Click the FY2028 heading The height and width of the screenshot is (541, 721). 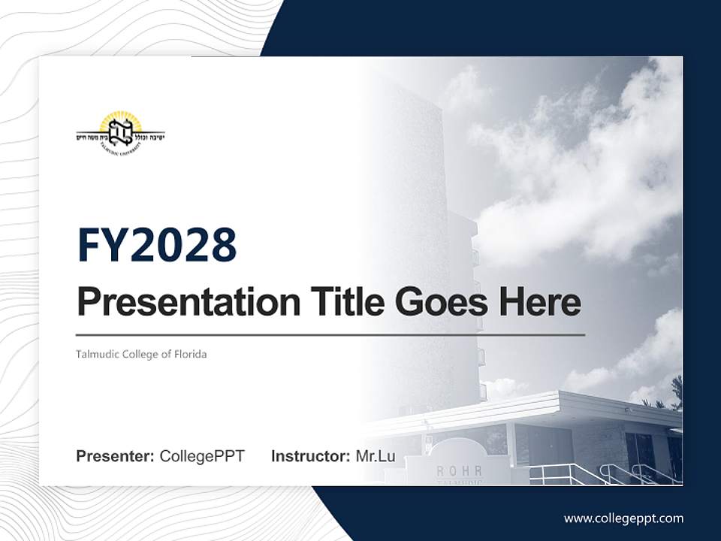pos(157,245)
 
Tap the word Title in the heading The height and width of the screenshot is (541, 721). pos(342,302)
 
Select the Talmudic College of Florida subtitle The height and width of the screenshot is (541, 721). pos(141,354)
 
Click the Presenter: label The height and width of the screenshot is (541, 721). pos(116,456)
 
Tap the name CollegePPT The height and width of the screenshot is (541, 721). pos(202,456)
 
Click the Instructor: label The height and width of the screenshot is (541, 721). pos(310,456)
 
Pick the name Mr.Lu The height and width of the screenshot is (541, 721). pos(375,456)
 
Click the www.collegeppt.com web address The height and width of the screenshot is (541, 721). pos(623,518)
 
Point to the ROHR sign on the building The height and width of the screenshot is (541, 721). pos(459,471)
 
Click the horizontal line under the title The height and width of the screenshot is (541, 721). pos(330,335)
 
